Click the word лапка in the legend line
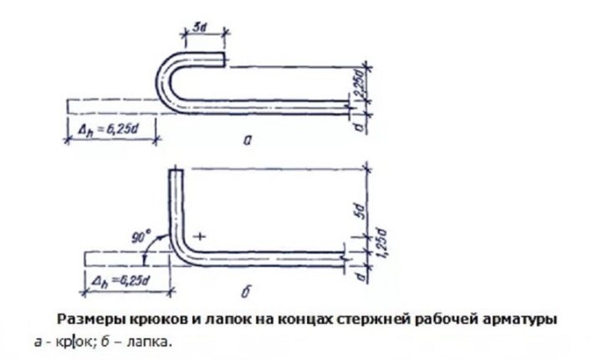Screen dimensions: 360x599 152,341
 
